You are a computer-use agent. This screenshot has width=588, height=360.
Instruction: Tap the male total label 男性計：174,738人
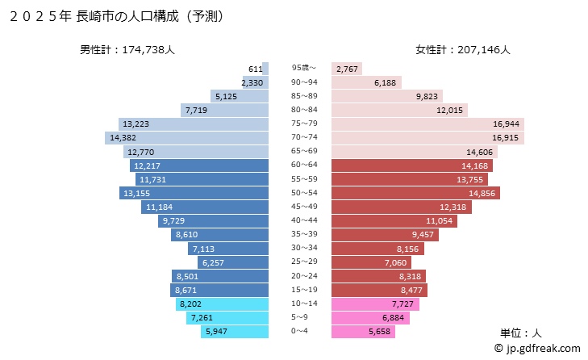(x=127, y=50)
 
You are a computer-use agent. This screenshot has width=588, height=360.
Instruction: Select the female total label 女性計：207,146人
(x=463, y=50)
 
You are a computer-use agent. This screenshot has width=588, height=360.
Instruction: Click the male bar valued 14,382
(x=187, y=138)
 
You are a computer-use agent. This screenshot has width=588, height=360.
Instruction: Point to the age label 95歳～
(x=304, y=68)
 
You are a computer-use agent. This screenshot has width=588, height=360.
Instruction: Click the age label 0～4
(x=300, y=332)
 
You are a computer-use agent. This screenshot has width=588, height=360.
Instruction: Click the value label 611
(x=256, y=69)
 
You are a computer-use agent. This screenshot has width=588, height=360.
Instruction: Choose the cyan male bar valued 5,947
(x=236, y=331)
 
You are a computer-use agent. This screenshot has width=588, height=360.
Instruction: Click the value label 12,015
(x=449, y=110)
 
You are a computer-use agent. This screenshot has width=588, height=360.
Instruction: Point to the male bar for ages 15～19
(x=219, y=289)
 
